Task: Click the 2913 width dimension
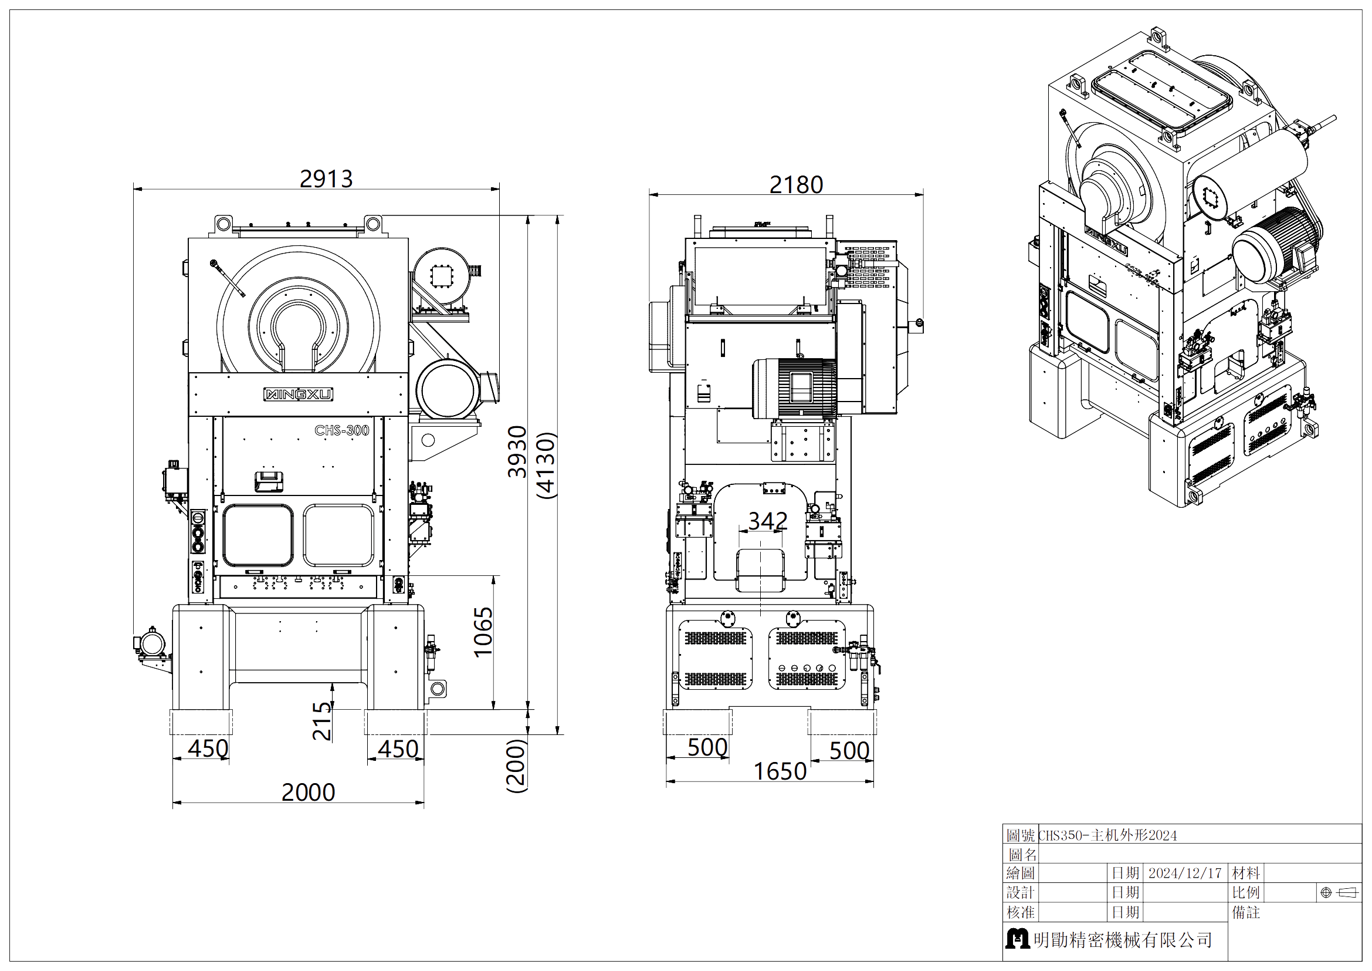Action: (326, 179)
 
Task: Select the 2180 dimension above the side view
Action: (796, 185)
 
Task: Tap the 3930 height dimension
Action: (517, 451)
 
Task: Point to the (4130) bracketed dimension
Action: (547, 465)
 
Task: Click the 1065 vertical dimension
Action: (483, 632)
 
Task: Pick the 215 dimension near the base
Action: (322, 721)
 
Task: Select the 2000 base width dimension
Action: (309, 792)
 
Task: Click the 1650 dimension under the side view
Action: (780, 771)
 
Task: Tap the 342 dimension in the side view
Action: (768, 521)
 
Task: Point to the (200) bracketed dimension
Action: (516, 766)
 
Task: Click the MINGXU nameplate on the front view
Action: (298, 394)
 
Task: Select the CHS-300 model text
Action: (342, 430)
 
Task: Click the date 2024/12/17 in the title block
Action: (1185, 873)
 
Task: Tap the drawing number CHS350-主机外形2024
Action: (1108, 835)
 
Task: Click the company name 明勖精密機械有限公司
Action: (1123, 940)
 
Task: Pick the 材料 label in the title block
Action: (1246, 873)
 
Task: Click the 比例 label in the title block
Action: (1246, 893)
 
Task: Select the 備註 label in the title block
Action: (1246, 912)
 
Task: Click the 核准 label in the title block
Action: (1021, 912)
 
